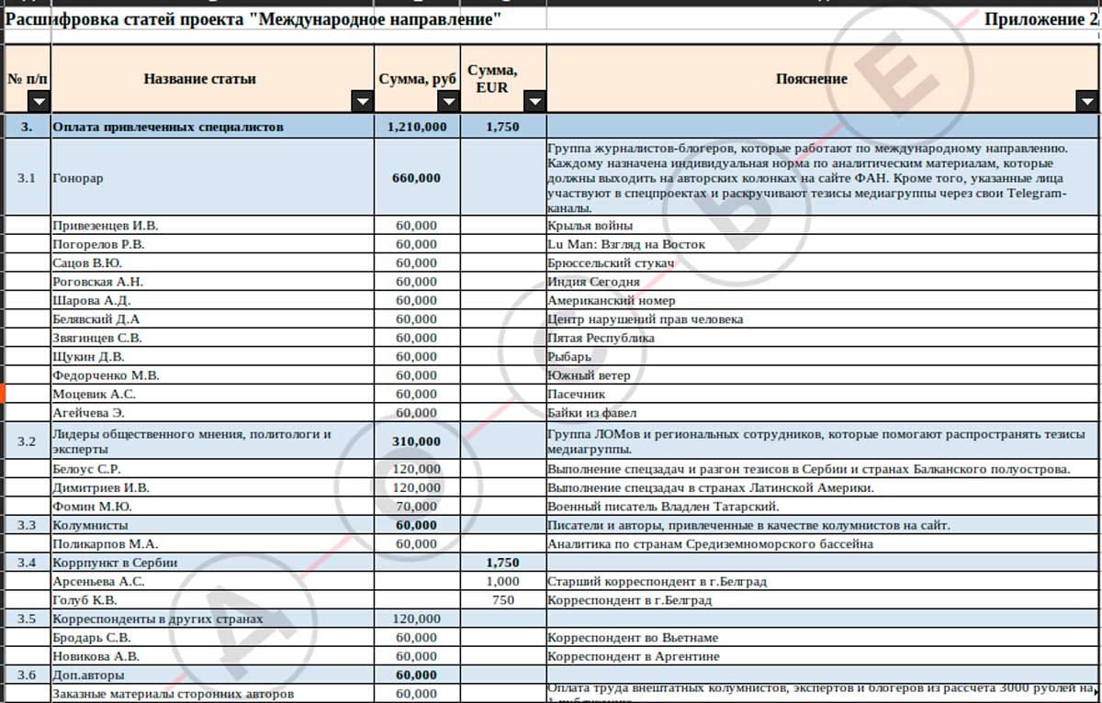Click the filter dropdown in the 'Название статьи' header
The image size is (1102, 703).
click(x=362, y=101)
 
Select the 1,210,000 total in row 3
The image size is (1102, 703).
click(x=417, y=128)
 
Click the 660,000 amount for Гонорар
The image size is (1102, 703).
click(x=416, y=178)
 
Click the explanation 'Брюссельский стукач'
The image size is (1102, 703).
click(x=611, y=263)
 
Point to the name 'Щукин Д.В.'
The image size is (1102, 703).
click(x=88, y=357)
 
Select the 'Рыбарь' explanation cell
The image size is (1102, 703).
click(x=569, y=357)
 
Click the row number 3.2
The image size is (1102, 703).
click(x=27, y=441)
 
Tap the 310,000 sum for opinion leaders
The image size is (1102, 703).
click(x=416, y=441)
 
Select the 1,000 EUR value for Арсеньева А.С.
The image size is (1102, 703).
click(x=502, y=582)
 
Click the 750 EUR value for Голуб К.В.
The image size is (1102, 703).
click(x=502, y=600)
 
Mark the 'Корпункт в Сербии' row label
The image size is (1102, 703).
click(x=115, y=563)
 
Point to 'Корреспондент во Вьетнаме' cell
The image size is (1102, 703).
click(x=633, y=638)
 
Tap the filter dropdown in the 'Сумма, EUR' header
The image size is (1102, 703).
click(x=534, y=101)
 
